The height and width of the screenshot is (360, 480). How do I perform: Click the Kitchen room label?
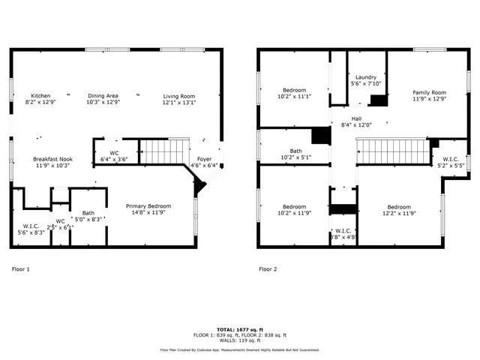40,96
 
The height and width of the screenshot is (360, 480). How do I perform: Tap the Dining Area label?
103,96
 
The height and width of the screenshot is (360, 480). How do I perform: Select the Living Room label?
179,96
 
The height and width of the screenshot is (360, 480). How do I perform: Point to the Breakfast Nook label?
52,159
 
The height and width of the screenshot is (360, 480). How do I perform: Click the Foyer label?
204,159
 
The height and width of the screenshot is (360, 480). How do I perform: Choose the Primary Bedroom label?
148,206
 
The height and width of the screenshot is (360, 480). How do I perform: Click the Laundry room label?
365,76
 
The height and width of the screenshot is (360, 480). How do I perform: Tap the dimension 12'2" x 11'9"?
398,213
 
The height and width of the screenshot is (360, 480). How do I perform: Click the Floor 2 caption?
268,268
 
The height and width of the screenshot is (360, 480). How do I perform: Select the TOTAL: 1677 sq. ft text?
239,329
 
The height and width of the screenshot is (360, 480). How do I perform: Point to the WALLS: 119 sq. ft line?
239,340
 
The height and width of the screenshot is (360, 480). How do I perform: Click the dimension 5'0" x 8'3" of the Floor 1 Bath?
88,219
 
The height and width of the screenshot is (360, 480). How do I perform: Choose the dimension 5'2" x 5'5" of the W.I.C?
451,165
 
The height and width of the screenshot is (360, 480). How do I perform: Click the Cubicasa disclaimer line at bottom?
239,349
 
